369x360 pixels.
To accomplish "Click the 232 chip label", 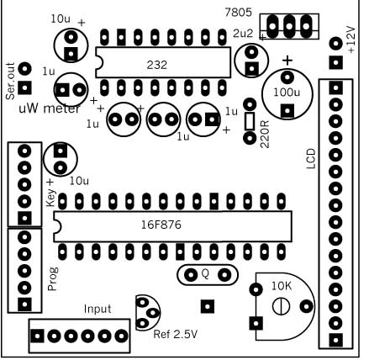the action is click(157, 65).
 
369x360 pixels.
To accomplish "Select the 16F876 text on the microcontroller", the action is click(161, 225).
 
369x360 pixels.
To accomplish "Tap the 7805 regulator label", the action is click(239, 13).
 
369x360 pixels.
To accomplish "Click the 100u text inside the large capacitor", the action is click(287, 93).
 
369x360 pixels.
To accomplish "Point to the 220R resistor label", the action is click(265, 135).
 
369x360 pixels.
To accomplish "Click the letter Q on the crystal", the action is click(205, 274).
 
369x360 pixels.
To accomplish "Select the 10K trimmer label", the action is click(282, 286).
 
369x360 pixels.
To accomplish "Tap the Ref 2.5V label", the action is click(176, 334).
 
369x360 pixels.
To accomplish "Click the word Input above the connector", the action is click(98, 310).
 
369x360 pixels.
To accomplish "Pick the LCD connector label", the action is click(311, 159).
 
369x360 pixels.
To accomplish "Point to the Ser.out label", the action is click(10, 81).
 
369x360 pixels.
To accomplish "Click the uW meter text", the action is click(50, 109).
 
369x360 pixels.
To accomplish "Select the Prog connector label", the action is click(52, 278).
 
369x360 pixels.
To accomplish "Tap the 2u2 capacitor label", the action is click(243, 34).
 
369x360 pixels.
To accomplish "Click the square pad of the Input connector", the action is click(37, 336).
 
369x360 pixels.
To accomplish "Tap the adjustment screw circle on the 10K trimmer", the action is click(281, 306).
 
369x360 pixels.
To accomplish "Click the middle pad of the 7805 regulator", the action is click(289, 26).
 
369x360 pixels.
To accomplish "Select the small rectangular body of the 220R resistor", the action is click(250, 121).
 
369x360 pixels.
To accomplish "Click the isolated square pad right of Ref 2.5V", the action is click(208, 306).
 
